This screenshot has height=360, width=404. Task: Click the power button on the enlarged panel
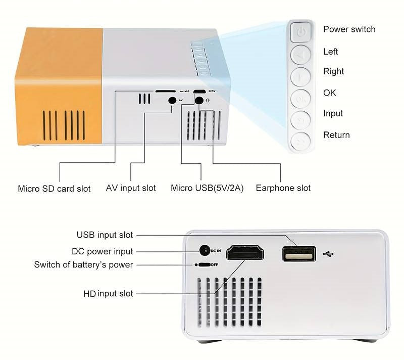coord(301,31)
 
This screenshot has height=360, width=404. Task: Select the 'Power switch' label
coord(349,29)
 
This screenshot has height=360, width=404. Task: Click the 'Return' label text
coord(336,135)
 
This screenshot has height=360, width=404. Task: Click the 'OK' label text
coord(329,93)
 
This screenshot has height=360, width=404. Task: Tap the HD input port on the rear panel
coord(245,252)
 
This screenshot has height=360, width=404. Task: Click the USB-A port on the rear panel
coord(299,254)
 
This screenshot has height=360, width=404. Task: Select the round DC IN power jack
coord(205,250)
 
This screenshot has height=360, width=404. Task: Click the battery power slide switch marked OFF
coord(203,264)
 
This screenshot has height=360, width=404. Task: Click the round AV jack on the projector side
coord(172,100)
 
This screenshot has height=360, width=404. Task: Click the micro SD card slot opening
coord(166,92)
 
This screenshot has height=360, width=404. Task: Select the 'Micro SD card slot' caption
coord(54,189)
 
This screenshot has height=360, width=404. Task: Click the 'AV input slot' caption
coord(131,188)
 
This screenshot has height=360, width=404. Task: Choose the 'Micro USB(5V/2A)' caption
coord(207,188)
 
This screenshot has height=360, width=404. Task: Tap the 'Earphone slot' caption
coord(283,188)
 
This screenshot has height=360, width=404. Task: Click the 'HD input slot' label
coord(108,294)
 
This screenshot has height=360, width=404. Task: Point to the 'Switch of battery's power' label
coord(83,264)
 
